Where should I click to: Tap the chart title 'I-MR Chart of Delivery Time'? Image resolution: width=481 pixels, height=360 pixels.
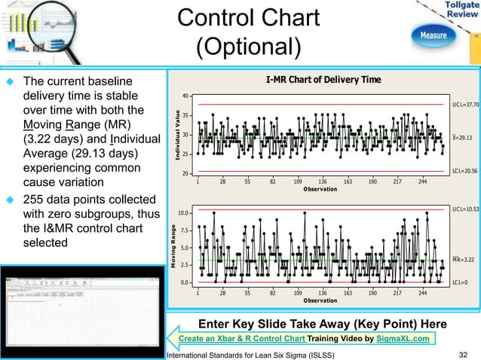coord(323,80)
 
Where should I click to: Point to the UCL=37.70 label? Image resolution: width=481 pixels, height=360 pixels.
coord(464,105)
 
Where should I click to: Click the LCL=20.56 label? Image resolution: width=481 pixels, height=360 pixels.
coord(464,172)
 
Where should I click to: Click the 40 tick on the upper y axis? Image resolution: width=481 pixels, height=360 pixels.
coord(185,96)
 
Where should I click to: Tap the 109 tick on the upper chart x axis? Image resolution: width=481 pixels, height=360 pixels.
coord(298,182)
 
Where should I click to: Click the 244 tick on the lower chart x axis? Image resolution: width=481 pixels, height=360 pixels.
coord(422,292)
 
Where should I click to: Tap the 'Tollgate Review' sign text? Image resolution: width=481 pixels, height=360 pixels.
coord(460,11)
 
